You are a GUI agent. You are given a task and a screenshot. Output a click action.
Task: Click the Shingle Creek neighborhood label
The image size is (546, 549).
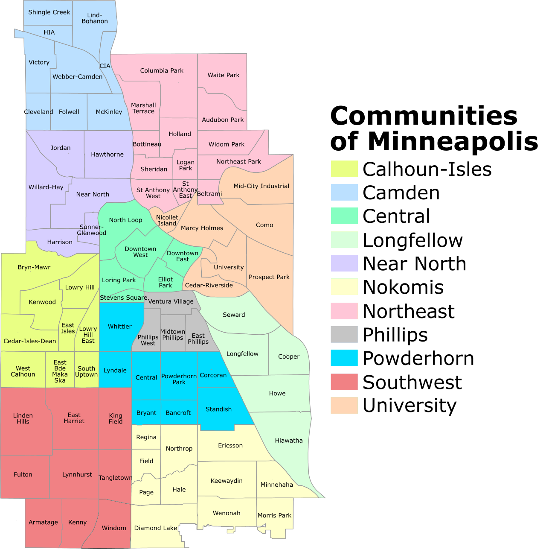tap(49, 12)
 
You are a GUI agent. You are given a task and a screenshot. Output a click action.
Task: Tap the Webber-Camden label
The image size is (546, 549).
tap(77, 77)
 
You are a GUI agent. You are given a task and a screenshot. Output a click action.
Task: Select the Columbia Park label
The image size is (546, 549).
tap(162, 70)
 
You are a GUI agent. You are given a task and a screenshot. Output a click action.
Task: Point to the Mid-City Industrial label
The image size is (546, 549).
tap(261, 186)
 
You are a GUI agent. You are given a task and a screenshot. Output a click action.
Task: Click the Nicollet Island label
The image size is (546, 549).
tap(167, 220)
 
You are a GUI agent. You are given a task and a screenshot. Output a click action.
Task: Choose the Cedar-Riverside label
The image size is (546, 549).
tap(209, 285)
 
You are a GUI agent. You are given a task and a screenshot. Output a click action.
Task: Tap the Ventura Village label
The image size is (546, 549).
tap(171, 301)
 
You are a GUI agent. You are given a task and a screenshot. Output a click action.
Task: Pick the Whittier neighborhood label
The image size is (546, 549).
tap(120, 327)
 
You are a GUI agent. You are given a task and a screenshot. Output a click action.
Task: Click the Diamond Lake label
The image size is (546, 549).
tap(156, 528)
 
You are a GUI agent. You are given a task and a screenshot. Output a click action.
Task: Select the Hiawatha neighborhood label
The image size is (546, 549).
tap(289, 441)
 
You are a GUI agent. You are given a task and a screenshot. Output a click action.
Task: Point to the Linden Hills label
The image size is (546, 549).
tap(23, 418)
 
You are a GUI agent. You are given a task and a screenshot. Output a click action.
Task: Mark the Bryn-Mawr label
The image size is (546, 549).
tap(34, 267)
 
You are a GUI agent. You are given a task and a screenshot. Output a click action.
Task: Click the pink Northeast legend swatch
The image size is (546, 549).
tap(344, 311)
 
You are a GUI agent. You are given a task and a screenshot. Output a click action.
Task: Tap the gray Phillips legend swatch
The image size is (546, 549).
tap(344, 334)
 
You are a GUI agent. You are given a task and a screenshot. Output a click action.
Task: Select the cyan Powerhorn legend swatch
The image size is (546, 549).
tap(344, 358)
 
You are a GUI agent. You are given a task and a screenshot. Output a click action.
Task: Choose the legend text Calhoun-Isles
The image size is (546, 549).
tap(427, 169)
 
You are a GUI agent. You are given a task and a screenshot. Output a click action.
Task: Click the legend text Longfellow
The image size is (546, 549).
tap(412, 240)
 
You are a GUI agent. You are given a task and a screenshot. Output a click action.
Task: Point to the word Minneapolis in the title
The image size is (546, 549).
tap(453, 141)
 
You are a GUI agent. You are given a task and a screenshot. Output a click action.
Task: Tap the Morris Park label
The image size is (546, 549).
tap(274, 515)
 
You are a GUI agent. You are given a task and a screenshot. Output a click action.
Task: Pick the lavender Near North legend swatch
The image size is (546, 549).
tap(344, 263)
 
